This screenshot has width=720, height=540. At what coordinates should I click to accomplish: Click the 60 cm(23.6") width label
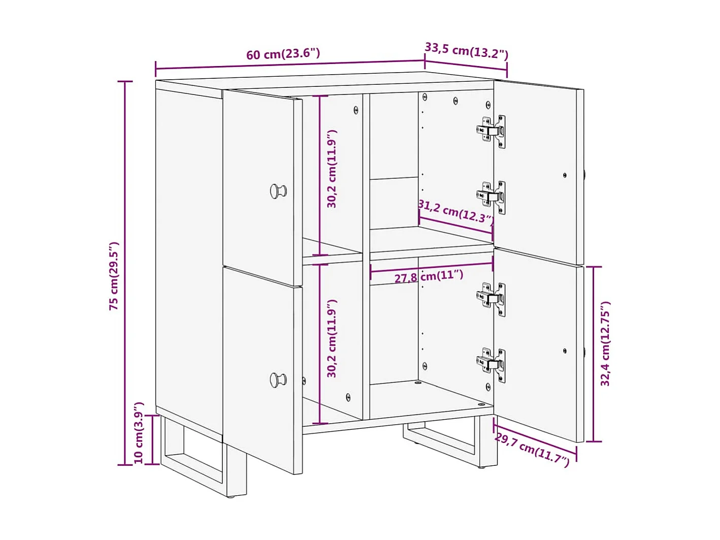(283, 54)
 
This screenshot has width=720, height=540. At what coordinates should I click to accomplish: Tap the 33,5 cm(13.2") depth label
(466, 51)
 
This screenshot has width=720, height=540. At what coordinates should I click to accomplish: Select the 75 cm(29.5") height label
(114, 276)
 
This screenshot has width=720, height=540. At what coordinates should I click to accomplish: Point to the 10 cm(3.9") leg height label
(139, 433)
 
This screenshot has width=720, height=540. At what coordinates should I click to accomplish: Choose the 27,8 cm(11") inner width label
(429, 277)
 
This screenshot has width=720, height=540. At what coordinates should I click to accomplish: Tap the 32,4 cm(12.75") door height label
(605, 344)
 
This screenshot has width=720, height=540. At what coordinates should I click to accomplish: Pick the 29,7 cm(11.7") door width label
(532, 449)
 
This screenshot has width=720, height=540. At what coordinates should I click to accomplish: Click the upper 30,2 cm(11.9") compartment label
(332, 169)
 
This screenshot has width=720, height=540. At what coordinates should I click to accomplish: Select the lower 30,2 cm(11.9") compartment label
(332, 338)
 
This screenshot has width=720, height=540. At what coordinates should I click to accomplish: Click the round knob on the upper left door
(278, 192)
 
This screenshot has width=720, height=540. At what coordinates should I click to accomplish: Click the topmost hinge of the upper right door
(492, 131)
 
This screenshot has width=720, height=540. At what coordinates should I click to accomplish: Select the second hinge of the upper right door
(492, 197)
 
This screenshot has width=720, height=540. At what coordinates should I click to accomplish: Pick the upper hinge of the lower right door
(492, 299)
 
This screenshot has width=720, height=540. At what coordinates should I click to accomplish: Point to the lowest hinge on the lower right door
(492, 364)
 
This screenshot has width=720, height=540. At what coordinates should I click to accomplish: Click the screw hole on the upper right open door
(565, 175)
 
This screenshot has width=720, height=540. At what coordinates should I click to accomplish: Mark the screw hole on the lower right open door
(565, 351)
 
